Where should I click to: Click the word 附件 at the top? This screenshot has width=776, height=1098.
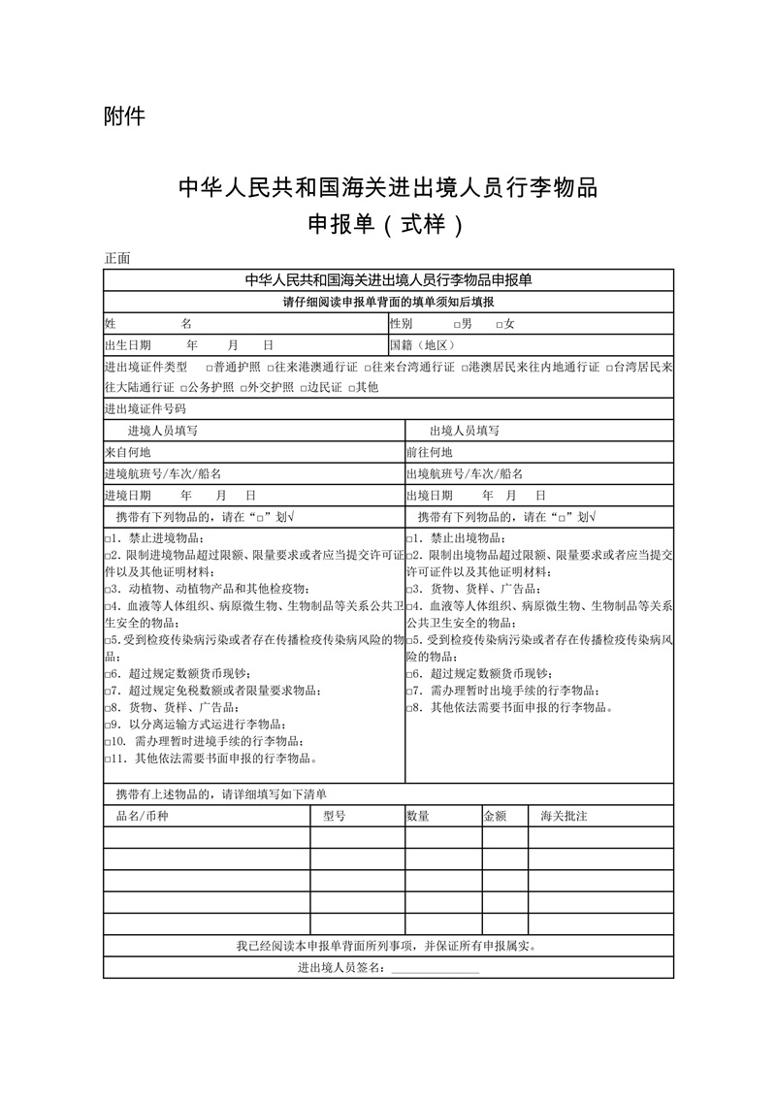pyautogui.click(x=123, y=116)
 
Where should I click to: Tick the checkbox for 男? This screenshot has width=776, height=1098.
pyautogui.click(x=457, y=324)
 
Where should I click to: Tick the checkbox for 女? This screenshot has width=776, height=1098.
pyautogui.click(x=499, y=324)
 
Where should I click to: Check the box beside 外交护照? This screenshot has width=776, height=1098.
pyautogui.click(x=241, y=388)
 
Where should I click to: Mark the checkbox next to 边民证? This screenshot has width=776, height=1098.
pyautogui.click(x=302, y=388)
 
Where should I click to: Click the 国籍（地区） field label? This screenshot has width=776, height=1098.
pyautogui.click(x=422, y=345)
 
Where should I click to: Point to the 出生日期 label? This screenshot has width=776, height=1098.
pyautogui.click(x=127, y=345)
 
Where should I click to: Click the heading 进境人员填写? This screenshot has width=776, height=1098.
pyautogui.click(x=163, y=431)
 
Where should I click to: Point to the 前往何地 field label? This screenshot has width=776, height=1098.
pyautogui.click(x=430, y=452)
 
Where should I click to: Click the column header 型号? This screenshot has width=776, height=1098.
pyautogui.click(x=334, y=817)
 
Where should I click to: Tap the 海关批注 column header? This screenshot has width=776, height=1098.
pyautogui.click(x=564, y=817)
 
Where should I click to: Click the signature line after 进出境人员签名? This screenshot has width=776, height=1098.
pyautogui.click(x=435, y=968)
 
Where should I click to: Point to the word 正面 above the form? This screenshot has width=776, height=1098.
pyautogui.click(x=117, y=258)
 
